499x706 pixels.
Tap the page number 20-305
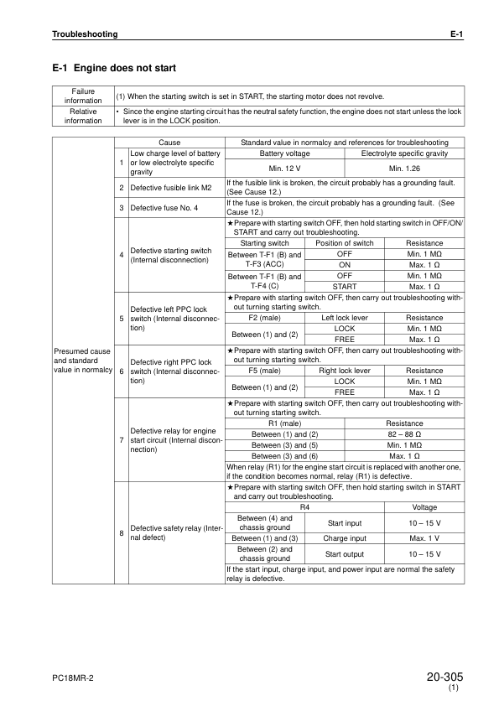(444, 676)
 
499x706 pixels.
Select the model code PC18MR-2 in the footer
(71, 677)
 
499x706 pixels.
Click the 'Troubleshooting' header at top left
(85, 34)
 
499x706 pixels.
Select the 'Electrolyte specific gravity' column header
(403, 153)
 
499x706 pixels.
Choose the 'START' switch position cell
(344, 286)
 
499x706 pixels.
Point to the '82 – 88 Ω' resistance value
(403, 433)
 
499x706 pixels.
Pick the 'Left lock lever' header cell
(344, 319)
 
